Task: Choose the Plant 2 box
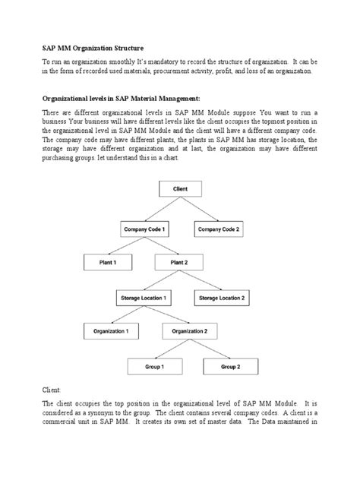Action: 178,263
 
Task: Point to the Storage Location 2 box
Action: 223,298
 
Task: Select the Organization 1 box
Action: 111,332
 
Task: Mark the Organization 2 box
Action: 190,332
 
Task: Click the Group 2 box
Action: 230,367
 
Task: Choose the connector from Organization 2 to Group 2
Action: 211,350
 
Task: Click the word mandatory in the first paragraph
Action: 186,59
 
